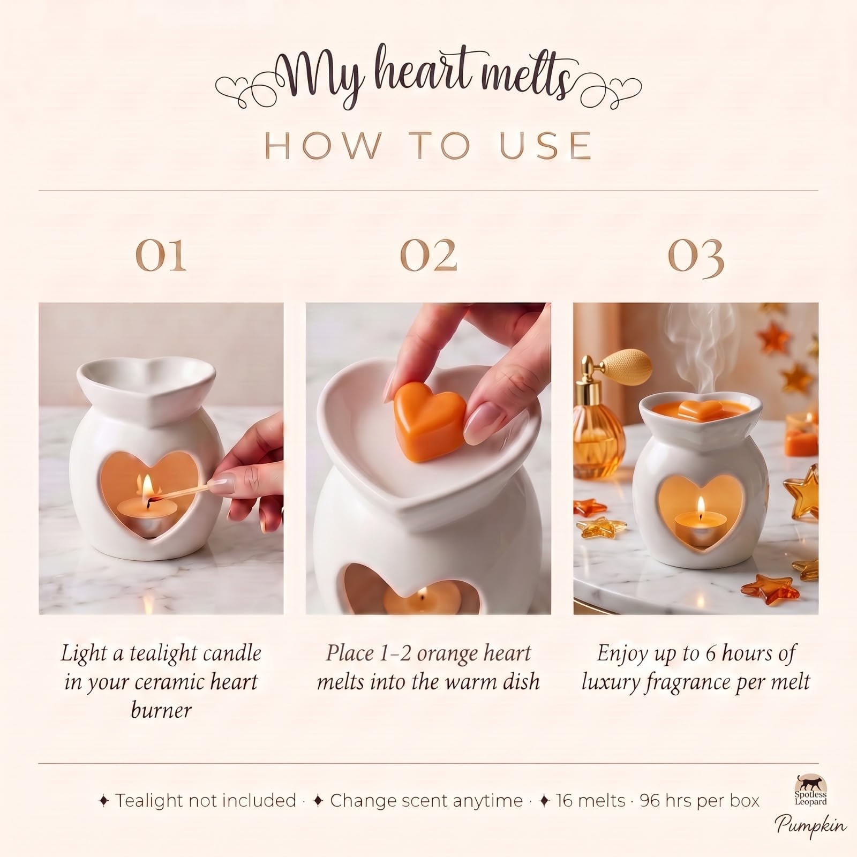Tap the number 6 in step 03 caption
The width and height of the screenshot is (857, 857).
pos(710,654)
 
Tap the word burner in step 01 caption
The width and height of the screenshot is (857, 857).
pos(161,710)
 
